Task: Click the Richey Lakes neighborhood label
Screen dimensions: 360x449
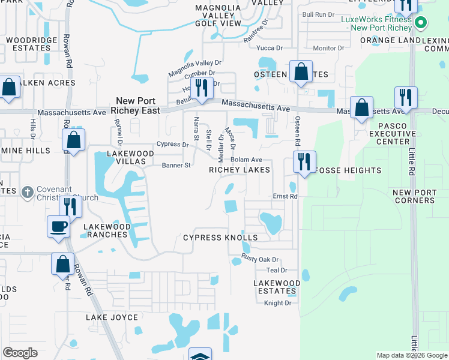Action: pos(239,170)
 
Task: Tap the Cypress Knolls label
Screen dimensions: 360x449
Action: pos(220,238)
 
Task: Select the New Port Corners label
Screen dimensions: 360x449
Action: pos(414,196)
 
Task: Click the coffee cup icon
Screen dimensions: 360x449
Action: pos(58,226)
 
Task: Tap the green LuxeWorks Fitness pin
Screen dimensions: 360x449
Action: pos(421,23)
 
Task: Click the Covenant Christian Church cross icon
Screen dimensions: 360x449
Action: pos(26,193)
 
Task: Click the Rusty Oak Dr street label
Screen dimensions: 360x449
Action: pos(261,259)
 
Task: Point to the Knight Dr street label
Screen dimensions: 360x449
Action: pos(277,303)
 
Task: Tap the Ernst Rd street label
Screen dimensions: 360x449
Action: pos(285,196)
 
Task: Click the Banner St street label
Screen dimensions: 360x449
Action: pos(176,165)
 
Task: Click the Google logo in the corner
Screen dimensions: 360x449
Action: pos(20,353)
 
